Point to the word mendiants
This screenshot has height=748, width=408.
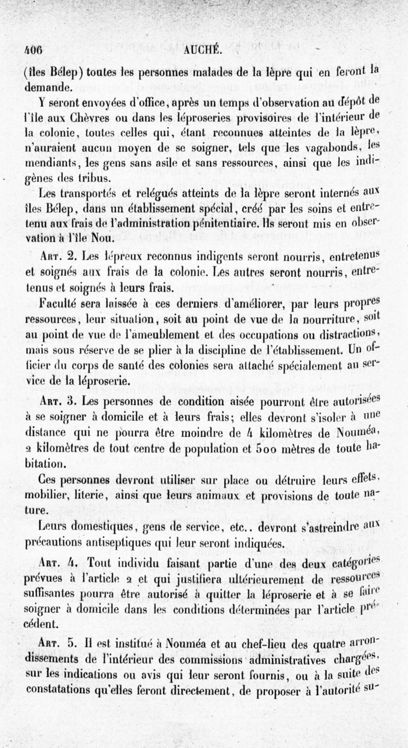(x=49, y=165)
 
